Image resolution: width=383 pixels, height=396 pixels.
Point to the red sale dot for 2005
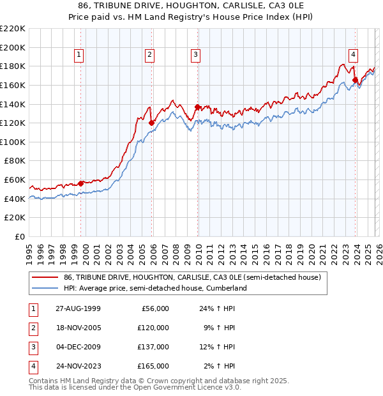(152, 123)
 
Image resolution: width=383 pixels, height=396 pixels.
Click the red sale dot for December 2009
(197, 107)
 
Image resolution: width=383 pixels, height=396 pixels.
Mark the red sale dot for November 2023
(355, 80)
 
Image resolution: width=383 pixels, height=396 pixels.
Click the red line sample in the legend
(45, 277)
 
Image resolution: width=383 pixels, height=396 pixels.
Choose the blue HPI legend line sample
(45, 288)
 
